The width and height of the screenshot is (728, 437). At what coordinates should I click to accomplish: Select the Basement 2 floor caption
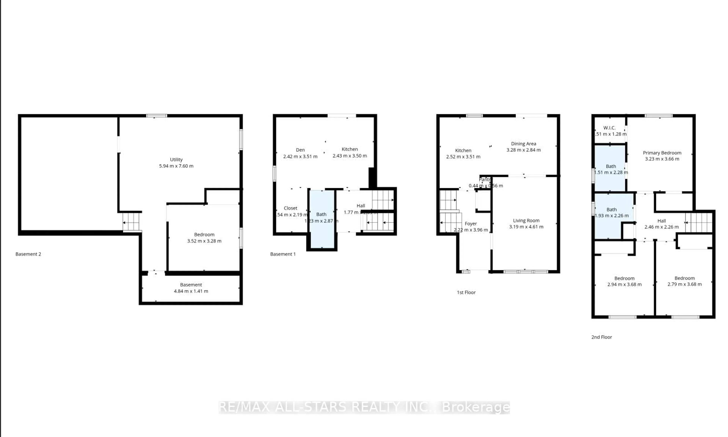pos(28,254)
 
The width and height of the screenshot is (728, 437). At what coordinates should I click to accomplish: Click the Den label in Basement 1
pos(300,150)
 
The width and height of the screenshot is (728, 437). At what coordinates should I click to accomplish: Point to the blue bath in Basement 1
pos(322,219)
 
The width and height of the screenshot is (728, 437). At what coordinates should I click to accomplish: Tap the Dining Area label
pos(523,144)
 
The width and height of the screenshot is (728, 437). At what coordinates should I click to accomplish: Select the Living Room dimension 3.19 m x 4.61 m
pos(526,227)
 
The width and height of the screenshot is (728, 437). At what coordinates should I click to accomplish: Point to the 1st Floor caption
pos(466,292)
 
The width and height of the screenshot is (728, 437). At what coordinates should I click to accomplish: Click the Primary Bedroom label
pos(662,153)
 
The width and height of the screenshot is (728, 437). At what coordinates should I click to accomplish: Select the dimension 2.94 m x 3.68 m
pos(624,284)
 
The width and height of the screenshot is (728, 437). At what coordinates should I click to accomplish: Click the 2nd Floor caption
pos(602,337)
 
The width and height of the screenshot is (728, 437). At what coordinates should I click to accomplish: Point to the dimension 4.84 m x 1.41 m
pos(191,291)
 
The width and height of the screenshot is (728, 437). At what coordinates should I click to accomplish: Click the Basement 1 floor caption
pos(283,254)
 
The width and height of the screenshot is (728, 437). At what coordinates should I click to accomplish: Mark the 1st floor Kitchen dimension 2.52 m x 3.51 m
pos(463,157)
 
